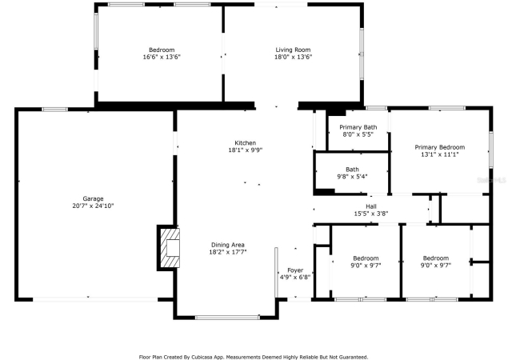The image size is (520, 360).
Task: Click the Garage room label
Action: click(93, 198)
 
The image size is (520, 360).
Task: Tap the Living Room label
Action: click(293, 50)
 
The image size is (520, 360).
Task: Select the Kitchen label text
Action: click(246, 143)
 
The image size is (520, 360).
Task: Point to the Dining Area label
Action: click(228, 245)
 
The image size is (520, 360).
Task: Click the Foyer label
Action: click(295, 270)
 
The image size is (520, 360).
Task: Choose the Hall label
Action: click(371, 206)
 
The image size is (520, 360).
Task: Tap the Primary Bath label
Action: click(358, 127)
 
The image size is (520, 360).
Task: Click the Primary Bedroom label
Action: click(440, 147)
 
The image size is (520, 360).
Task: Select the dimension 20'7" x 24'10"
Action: click(93, 206)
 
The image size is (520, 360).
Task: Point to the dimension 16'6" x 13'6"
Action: click(162, 57)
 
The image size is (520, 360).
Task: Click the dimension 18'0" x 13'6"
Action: click(293, 57)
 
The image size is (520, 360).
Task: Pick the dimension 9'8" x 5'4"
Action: click(352, 177)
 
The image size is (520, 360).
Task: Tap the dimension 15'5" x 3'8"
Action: click(371, 214)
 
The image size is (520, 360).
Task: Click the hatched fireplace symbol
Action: click(170, 248)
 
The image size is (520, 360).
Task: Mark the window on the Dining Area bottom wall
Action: click(227, 318)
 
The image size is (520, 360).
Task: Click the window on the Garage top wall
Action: click(54, 110)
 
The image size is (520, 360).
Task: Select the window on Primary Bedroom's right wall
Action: click(491, 150)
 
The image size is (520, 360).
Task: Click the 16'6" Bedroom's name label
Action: click(162, 50)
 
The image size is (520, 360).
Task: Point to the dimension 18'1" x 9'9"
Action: click(246, 150)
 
